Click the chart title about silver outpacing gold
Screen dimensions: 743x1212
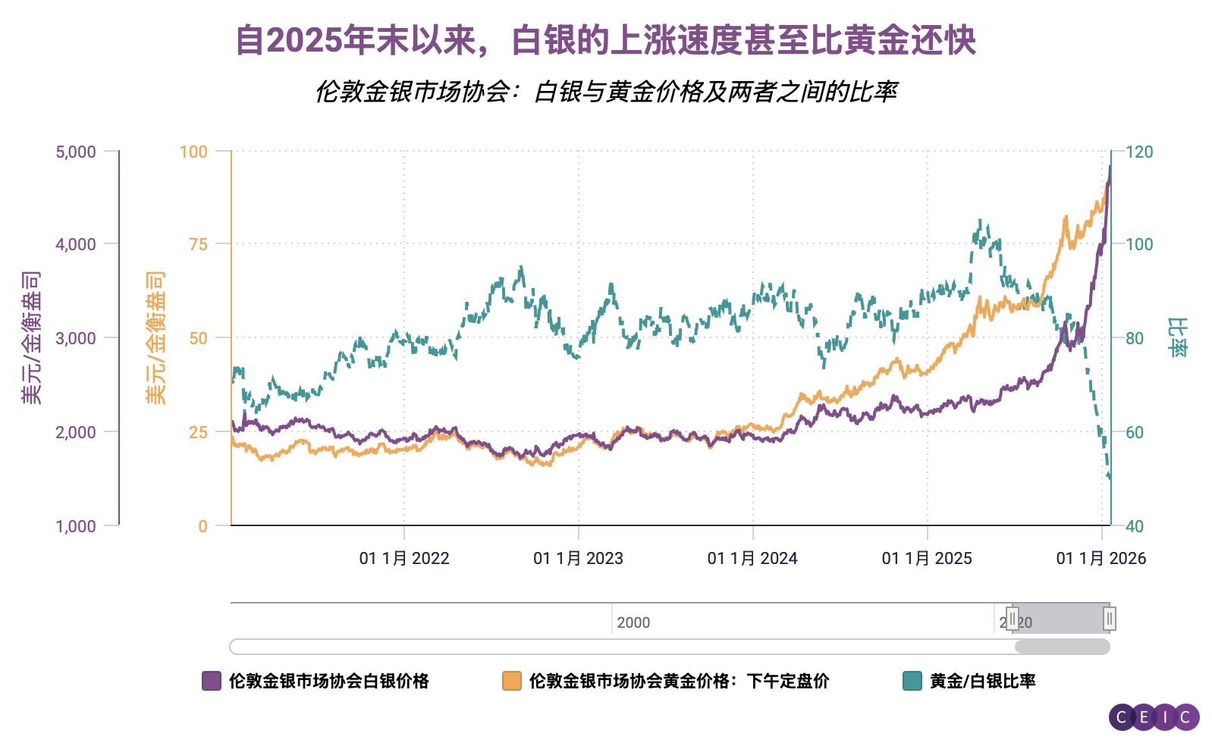605,40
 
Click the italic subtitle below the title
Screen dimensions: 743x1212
605,92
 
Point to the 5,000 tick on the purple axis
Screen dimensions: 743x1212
76,152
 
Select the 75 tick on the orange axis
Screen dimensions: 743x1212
198,244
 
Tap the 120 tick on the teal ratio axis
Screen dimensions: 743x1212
1139,152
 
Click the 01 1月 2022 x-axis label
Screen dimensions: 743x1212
404,559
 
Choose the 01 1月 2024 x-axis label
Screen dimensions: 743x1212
752,559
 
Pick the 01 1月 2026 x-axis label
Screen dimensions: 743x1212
1101,559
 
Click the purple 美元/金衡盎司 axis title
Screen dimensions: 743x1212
31,337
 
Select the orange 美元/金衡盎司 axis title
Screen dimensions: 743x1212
155,337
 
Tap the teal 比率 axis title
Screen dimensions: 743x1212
1178,337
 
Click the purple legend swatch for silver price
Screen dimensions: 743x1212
212,681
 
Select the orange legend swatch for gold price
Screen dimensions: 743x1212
512,681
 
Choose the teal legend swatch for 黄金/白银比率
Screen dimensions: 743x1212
912,681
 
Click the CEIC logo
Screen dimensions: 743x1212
1154,716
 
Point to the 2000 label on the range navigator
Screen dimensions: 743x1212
633,622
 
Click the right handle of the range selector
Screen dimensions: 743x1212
1109,619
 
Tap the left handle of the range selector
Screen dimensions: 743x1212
1012,619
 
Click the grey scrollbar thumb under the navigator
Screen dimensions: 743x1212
1062,647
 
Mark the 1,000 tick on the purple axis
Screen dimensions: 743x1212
76,526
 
